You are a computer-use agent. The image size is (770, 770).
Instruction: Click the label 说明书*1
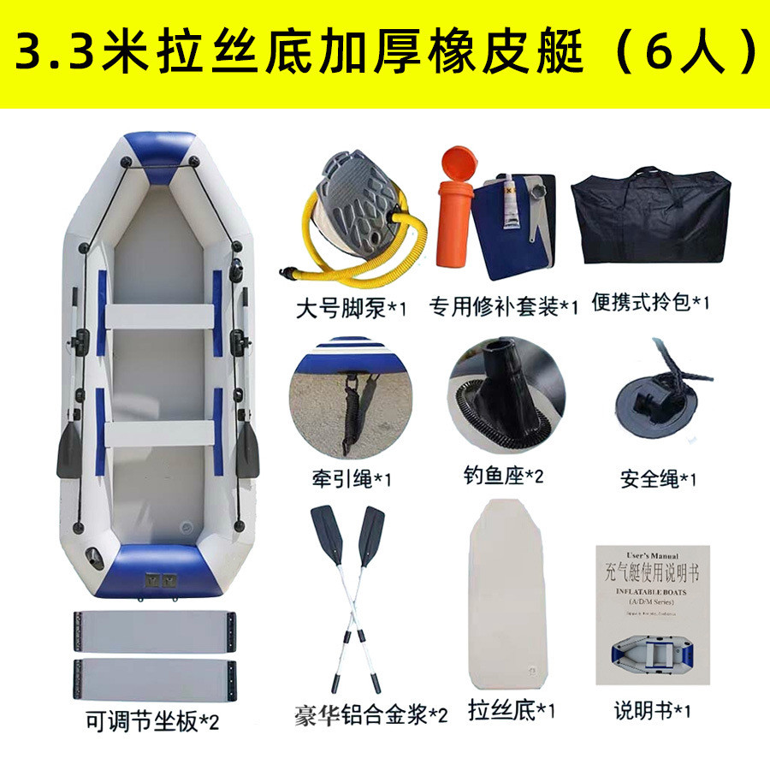[653, 709]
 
